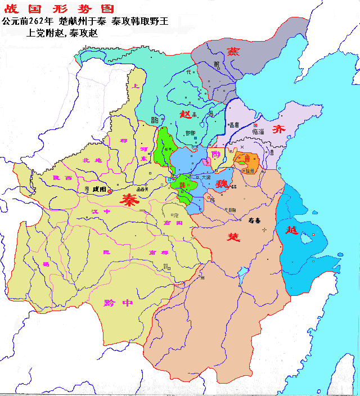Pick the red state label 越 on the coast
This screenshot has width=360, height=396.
[291, 231]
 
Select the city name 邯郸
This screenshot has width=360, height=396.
[191, 133]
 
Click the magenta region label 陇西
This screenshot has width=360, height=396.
[61, 177]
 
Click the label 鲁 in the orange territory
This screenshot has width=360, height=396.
[245, 159]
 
